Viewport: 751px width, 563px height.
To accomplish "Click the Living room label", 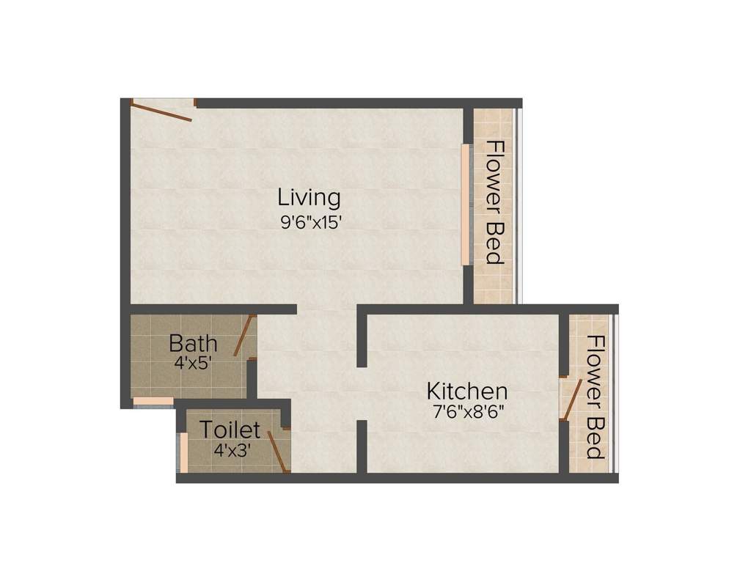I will tap(309, 197).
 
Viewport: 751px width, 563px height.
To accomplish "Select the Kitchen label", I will tap(467, 390).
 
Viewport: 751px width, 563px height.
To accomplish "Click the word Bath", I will tap(193, 342).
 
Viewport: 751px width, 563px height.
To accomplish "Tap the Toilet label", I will tap(230, 429).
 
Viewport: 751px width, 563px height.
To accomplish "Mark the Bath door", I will tap(244, 336).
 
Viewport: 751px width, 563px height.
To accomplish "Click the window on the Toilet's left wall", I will tap(183, 453).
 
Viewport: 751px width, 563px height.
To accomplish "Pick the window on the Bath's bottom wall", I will tap(153, 401).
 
